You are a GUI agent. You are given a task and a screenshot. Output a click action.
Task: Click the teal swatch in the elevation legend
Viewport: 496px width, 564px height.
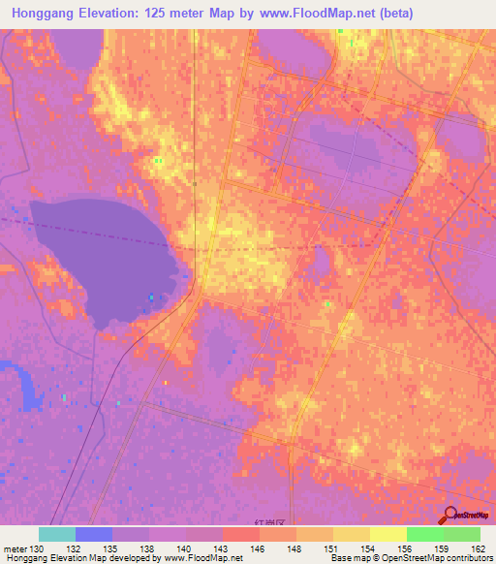pyautogui.click(x=56, y=534)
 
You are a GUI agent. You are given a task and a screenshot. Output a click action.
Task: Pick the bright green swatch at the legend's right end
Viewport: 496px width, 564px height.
pyautogui.click(x=462, y=534)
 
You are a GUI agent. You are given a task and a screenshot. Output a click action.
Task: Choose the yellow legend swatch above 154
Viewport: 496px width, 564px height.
pyautogui.click(x=352, y=534)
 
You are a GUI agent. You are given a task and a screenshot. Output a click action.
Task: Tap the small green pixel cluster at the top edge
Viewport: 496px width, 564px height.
pyautogui.click(x=341, y=31)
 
